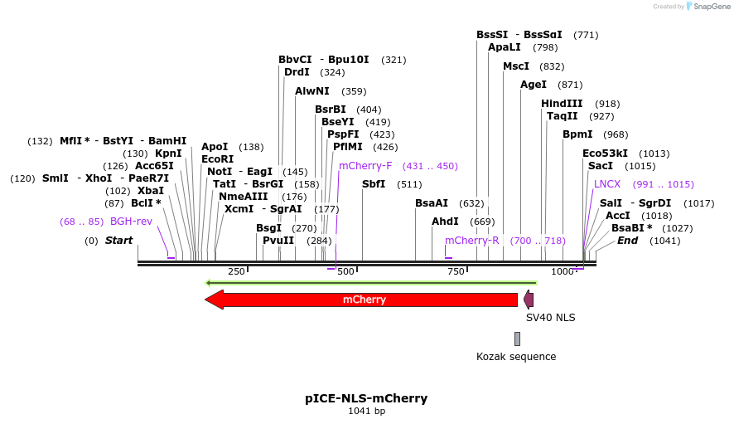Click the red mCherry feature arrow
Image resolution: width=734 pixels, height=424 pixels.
[365, 300]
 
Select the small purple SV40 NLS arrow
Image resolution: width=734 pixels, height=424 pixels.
[529, 300]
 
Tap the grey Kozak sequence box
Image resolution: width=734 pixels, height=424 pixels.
[517, 339]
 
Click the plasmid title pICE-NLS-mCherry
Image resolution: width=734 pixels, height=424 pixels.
[366, 398]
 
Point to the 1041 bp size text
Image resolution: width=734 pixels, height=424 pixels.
[366, 411]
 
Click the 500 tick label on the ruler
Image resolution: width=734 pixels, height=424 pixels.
[345, 271]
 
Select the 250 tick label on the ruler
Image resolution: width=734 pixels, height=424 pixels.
[236, 271]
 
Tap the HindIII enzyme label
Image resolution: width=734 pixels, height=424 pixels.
[563, 104]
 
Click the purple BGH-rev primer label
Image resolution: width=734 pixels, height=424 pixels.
[132, 222]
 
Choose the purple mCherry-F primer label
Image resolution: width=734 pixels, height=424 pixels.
[365, 166]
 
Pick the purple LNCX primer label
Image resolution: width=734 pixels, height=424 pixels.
[607, 184]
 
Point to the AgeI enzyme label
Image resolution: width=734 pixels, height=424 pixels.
[534, 85]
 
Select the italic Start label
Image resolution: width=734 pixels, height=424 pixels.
[118, 241]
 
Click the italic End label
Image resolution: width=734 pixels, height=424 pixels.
[627, 241]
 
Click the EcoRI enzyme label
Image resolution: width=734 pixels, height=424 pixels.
[217, 159]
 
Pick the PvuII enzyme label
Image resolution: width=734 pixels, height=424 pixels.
[278, 241]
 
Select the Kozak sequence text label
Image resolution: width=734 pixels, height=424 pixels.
[516, 357]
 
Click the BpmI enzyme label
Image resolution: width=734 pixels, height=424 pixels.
[577, 134]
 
